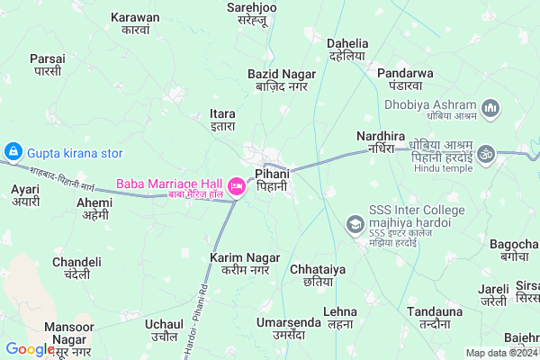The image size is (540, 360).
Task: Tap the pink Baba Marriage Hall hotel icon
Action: (238, 186)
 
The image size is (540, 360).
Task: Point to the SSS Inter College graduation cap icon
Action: (355, 222)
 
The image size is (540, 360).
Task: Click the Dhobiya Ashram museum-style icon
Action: (490, 109)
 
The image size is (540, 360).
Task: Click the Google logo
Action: (30, 349)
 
